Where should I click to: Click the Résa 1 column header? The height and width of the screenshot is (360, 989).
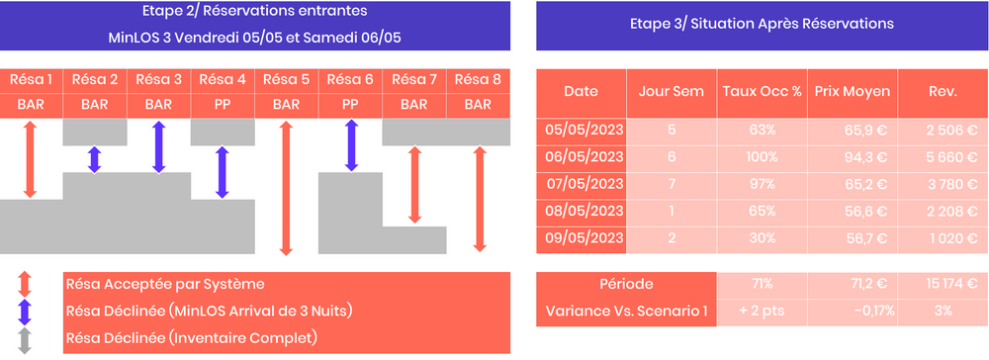[32, 80]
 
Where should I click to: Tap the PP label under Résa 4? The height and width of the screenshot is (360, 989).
[223, 104]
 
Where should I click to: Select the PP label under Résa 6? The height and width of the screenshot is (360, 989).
[350, 104]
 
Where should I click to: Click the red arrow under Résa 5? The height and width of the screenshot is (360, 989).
[286, 188]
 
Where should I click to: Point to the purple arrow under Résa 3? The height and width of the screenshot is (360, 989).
[158, 146]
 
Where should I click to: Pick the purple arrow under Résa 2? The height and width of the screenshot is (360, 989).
[95, 159]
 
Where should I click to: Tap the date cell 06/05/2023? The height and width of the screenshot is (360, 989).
[581, 156]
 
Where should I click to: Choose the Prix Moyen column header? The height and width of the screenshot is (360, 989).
[853, 92]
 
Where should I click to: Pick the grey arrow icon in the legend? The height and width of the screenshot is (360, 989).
[26, 340]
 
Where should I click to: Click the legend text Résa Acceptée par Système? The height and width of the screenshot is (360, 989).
[164, 285]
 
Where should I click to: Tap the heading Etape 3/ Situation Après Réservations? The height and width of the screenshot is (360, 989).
[761, 25]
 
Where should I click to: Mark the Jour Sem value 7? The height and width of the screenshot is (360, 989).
[673, 183]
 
